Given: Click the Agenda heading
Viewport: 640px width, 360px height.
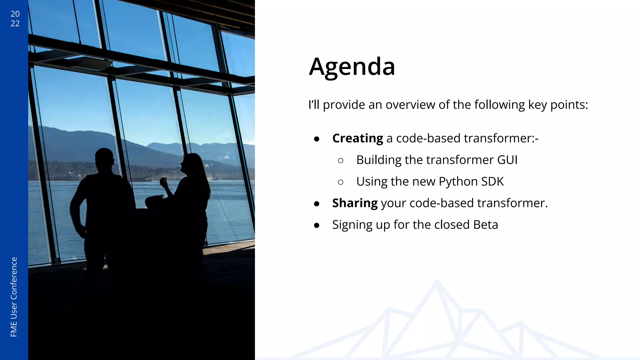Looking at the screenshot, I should tap(352, 67).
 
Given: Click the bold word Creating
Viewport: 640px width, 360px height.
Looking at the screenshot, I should tap(357, 138).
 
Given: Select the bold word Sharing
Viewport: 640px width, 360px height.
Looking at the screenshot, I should tap(355, 203).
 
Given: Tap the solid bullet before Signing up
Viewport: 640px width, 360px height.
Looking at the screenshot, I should tap(317, 225).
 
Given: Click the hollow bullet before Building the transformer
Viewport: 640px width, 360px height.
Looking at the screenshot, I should tap(341, 161).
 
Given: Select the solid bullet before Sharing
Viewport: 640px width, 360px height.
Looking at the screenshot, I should tap(317, 204).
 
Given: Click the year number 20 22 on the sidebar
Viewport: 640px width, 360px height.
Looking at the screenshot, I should tap(15, 19).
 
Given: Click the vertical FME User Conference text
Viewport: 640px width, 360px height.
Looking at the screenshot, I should tap(14, 297).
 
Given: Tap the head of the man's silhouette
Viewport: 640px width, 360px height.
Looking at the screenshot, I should tap(104, 159).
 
